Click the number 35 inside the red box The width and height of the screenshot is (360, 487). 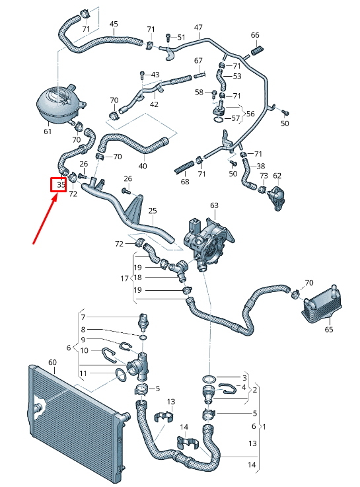click(x=60, y=185)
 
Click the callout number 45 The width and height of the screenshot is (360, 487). click(x=114, y=24)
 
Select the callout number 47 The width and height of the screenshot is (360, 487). click(x=198, y=27)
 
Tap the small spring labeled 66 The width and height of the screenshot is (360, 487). click(x=258, y=48)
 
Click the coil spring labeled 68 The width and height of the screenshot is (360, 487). click(x=187, y=165)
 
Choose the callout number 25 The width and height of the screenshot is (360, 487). click(x=153, y=211)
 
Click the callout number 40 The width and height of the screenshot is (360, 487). click(x=143, y=166)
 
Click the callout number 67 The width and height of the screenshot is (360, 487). click(x=198, y=61)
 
